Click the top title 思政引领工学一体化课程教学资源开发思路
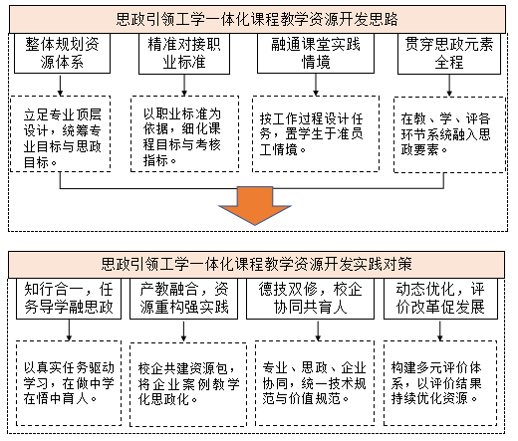coord(257,19)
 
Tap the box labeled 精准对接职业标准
coord(185,54)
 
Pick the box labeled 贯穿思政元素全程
coord(441,54)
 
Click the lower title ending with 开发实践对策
coord(257,264)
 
